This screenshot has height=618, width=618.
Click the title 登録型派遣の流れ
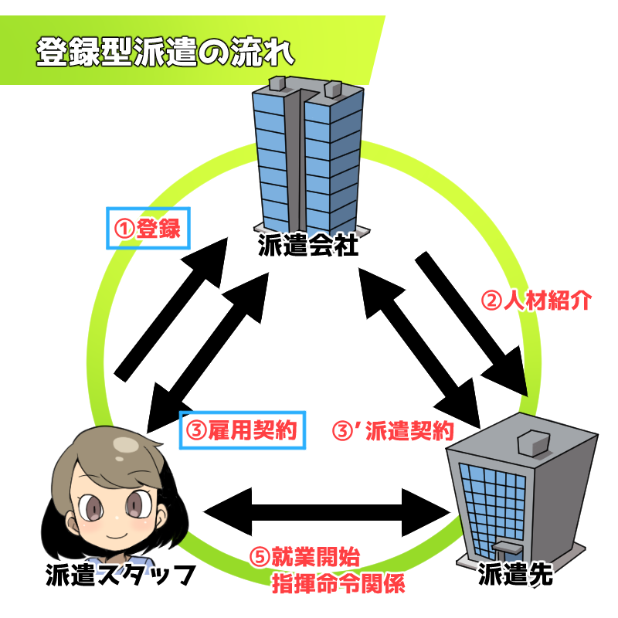tap(165, 52)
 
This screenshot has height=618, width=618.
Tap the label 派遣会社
tap(308, 245)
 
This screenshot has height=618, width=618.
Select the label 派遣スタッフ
tap(121, 575)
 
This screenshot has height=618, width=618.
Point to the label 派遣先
tap(515, 574)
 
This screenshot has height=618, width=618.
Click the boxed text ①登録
tap(148, 228)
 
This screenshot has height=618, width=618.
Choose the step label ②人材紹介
tap(536, 301)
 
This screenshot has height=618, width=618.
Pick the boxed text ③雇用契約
tap(243, 430)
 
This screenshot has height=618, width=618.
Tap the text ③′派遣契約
tap(393, 430)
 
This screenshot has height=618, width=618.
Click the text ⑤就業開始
tap(305, 557)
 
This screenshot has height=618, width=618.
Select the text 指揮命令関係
tap(338, 584)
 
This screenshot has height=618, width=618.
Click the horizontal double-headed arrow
tap(327, 512)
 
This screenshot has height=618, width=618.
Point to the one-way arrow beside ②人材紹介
tap(471, 324)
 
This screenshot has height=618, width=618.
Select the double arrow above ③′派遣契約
tap(419, 348)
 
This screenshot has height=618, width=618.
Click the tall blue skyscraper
tap(307, 156)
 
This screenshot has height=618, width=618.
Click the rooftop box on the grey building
tap(533, 442)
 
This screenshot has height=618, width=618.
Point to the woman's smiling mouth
tap(117, 535)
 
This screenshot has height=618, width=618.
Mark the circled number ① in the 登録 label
tap(124, 229)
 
